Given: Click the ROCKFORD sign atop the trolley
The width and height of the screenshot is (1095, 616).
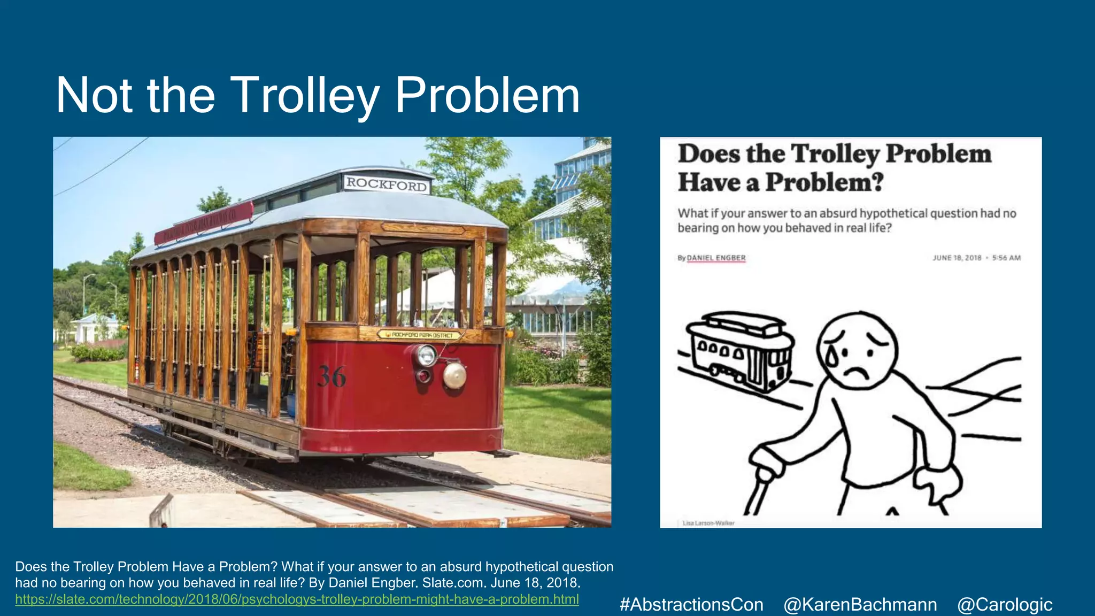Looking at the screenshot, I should pyautogui.click(x=387, y=184).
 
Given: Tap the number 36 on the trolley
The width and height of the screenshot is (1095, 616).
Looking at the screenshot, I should pyautogui.click(x=331, y=376).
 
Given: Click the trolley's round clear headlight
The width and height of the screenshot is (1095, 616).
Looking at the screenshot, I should pyautogui.click(x=426, y=355).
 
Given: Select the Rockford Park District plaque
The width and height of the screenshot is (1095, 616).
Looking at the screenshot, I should pyautogui.click(x=419, y=335).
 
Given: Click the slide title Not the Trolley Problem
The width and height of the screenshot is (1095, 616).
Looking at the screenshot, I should pyautogui.click(x=318, y=95).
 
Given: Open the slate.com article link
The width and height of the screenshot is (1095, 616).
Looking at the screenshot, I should pyautogui.click(x=297, y=599).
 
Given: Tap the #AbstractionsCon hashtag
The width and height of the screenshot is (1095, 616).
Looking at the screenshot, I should pyautogui.click(x=691, y=604).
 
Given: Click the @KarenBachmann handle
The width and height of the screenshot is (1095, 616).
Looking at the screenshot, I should pyautogui.click(x=860, y=604).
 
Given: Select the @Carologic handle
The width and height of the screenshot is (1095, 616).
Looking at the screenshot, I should pyautogui.click(x=1005, y=604).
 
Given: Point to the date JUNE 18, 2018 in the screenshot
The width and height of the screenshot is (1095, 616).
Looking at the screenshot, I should pyautogui.click(x=957, y=258).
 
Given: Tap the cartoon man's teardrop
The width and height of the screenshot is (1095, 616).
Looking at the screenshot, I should pyautogui.click(x=832, y=356).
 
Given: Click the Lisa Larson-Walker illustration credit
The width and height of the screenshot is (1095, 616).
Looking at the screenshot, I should pyautogui.click(x=708, y=523).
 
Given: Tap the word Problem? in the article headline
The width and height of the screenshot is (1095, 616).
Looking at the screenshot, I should pyautogui.click(x=824, y=182).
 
